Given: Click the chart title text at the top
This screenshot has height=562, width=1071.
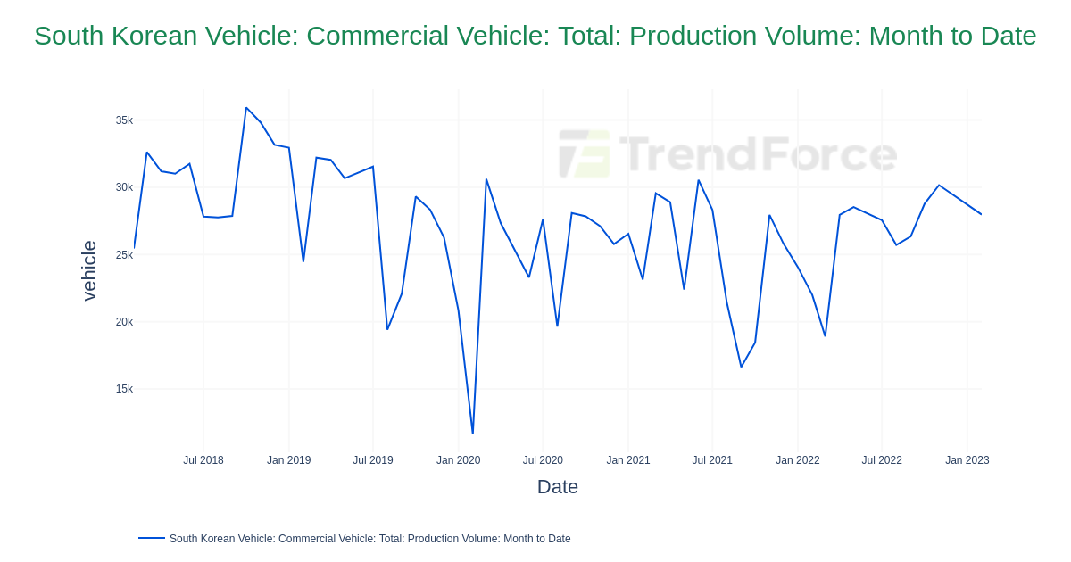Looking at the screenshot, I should pos(535,36).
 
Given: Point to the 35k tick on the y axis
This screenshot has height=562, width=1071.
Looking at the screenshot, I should pos(124,120).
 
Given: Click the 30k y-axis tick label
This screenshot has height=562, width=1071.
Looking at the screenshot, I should pos(124,187).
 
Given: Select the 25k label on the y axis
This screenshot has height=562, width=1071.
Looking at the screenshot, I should pos(124,255).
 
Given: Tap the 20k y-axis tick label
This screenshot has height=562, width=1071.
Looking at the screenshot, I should pos(124,322).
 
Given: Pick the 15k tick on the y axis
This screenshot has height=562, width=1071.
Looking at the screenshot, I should pos(124,389).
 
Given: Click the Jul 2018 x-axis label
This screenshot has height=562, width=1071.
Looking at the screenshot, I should pos(203,460).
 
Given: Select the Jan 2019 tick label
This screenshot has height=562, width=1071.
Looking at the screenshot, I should pos(288,460).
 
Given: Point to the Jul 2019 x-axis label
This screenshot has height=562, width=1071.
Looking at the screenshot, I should pos(372,460).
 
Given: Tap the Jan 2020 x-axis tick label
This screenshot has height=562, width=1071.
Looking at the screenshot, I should pos(458,460).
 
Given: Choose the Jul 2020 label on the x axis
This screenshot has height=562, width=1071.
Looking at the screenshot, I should pos(543,460).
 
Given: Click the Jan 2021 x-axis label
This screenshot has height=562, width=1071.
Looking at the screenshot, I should pos(628,460).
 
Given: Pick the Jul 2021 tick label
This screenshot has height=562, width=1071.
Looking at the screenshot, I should pos(712,460).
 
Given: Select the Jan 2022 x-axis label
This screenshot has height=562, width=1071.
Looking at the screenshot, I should pos(797,460).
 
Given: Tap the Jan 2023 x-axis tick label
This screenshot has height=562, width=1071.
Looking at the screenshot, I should pos(967,460).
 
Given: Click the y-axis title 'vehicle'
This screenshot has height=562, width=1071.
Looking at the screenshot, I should pos(89,270).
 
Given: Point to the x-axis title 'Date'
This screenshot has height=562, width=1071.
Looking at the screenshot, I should pos(557,487).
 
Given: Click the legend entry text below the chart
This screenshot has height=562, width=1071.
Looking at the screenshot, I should pos(369,539).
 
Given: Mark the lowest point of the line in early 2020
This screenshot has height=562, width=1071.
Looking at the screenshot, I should pos(473,434).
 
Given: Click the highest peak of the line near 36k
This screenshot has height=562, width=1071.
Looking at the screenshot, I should pos(246,108).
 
